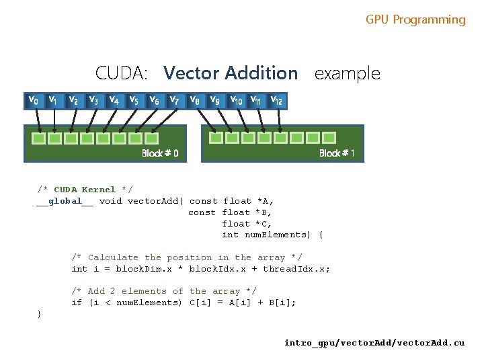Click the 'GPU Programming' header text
[x=415, y=20]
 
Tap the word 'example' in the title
[x=347, y=73]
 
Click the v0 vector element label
[x=32, y=100]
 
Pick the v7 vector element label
[x=173, y=100]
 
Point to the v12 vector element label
[x=276, y=100]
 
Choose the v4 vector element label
[x=114, y=100]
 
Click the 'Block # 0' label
[x=160, y=153]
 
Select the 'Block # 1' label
[x=337, y=153]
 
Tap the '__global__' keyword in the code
[x=65, y=201]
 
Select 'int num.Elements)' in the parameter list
[x=266, y=235]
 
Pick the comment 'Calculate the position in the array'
[x=187, y=257]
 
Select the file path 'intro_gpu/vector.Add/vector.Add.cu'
[x=374, y=343]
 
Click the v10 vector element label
[x=237, y=100]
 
